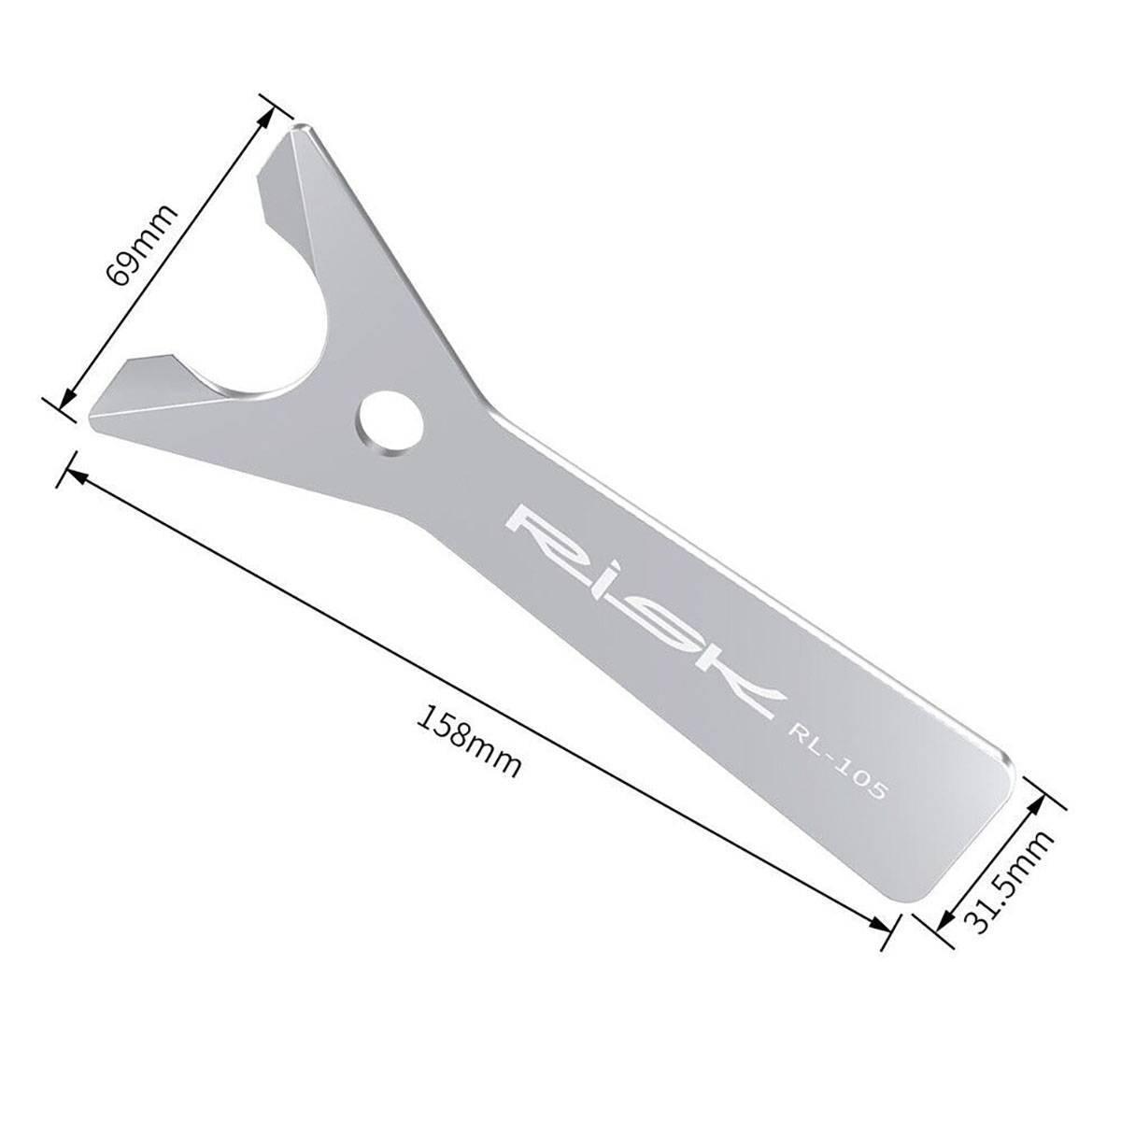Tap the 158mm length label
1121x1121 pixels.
point(467,738)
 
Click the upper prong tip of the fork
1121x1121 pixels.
point(297,131)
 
